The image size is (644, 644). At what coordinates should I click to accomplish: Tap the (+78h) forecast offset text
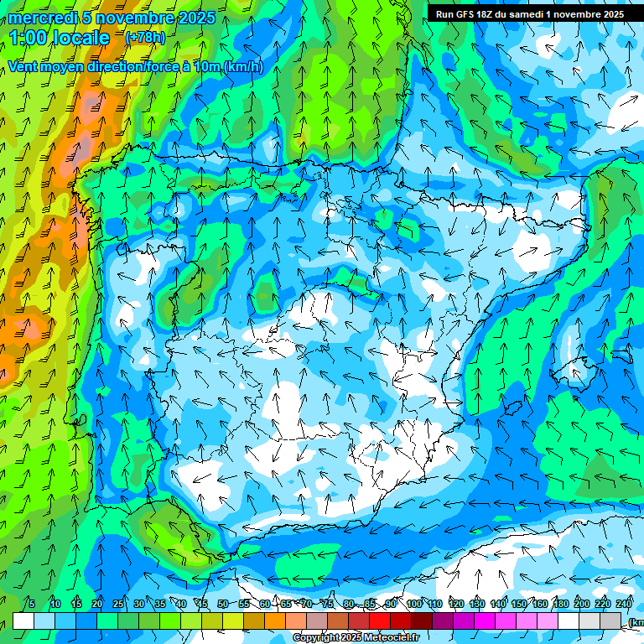[x=145, y=38]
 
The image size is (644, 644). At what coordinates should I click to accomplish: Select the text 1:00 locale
[x=60, y=38]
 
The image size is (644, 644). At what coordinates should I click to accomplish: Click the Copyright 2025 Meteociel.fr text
[x=356, y=638]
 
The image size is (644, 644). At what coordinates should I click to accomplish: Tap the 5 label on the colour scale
[x=32, y=604]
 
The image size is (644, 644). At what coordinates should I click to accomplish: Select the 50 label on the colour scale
[x=222, y=604]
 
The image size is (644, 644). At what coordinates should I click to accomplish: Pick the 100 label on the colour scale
[x=413, y=604]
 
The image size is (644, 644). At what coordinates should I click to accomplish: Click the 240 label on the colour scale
[x=623, y=604]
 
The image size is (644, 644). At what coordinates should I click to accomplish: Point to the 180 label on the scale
[x=560, y=604]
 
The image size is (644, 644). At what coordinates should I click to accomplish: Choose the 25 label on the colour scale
[x=117, y=604]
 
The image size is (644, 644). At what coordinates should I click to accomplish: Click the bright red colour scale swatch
[x=380, y=621]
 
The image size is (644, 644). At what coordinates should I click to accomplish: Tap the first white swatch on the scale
[x=23, y=621]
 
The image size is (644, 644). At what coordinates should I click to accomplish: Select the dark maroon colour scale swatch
[x=422, y=621]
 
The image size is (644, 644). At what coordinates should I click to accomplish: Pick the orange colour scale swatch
[x=275, y=621]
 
